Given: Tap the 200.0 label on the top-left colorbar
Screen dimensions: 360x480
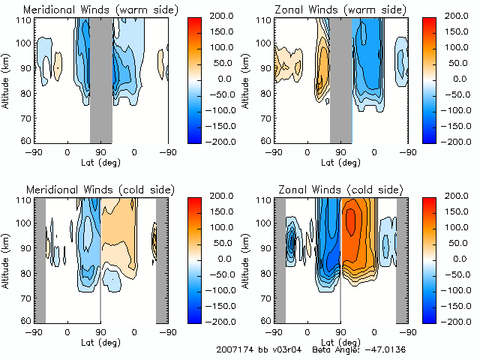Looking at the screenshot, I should [227, 15].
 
